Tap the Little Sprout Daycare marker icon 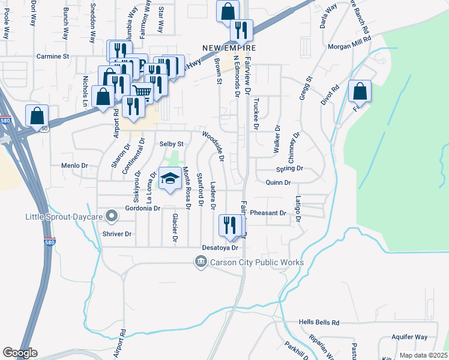(111, 215)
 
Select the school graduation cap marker (170, 178)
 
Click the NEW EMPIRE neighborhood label (229, 48)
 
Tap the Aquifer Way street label (409, 337)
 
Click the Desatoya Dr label (220, 247)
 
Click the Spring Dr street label (289, 169)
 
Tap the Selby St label (171, 145)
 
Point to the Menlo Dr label (74, 165)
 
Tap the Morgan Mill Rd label (350, 46)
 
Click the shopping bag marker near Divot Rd (360, 91)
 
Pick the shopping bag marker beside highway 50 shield (37, 115)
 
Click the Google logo (20, 353)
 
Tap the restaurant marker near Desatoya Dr (231, 226)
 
